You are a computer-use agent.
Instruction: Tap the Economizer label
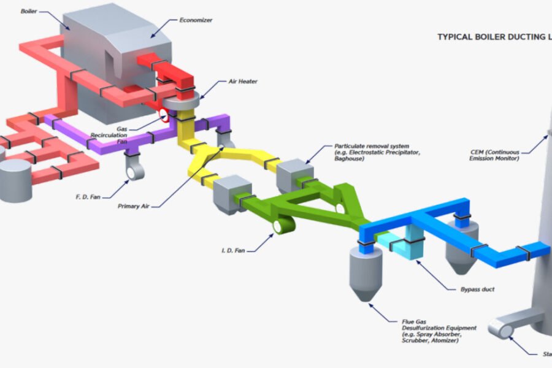(196, 20)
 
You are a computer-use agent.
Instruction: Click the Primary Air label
(132, 206)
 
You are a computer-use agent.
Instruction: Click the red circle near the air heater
(164, 115)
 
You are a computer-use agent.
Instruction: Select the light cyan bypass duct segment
(405, 242)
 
